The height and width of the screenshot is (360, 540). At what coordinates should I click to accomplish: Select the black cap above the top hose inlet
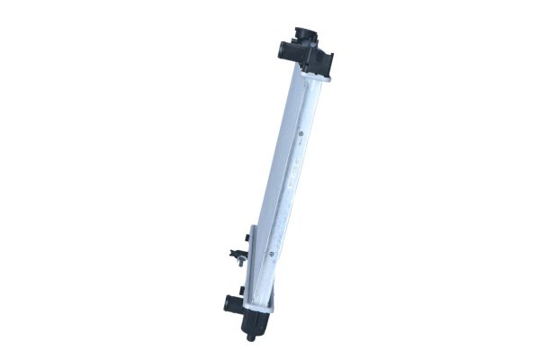point(304,34)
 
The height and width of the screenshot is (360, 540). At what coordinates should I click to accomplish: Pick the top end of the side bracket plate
point(254,229)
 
